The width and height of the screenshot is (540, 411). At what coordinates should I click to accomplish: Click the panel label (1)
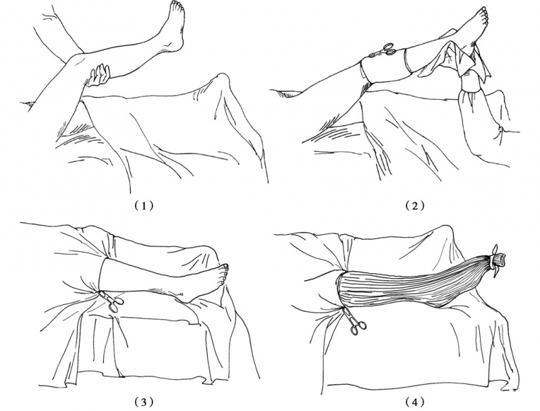pos(143,206)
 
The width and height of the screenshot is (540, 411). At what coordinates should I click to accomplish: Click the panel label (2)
pos(415,206)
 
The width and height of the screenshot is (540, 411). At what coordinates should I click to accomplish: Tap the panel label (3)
pos(143,402)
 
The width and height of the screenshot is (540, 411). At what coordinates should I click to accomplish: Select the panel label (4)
pos(415,402)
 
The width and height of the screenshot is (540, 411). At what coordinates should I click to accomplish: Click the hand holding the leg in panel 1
pos(100,75)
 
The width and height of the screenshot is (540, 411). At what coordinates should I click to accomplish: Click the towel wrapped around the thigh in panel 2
pos(385,67)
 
